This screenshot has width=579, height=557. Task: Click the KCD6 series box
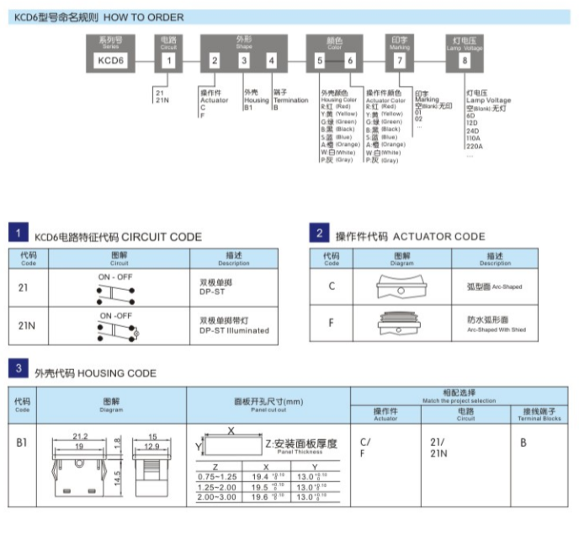point(111,60)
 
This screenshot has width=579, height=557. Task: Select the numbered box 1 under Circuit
point(169,60)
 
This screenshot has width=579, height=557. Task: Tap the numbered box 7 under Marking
point(400,60)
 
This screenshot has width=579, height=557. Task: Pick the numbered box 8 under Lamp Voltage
point(465,60)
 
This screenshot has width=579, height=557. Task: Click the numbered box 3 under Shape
point(244,60)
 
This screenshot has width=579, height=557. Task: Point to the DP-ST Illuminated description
point(234,330)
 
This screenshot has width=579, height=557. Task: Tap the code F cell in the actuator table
point(332,323)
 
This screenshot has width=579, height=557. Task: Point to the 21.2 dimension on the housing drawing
point(80,436)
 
